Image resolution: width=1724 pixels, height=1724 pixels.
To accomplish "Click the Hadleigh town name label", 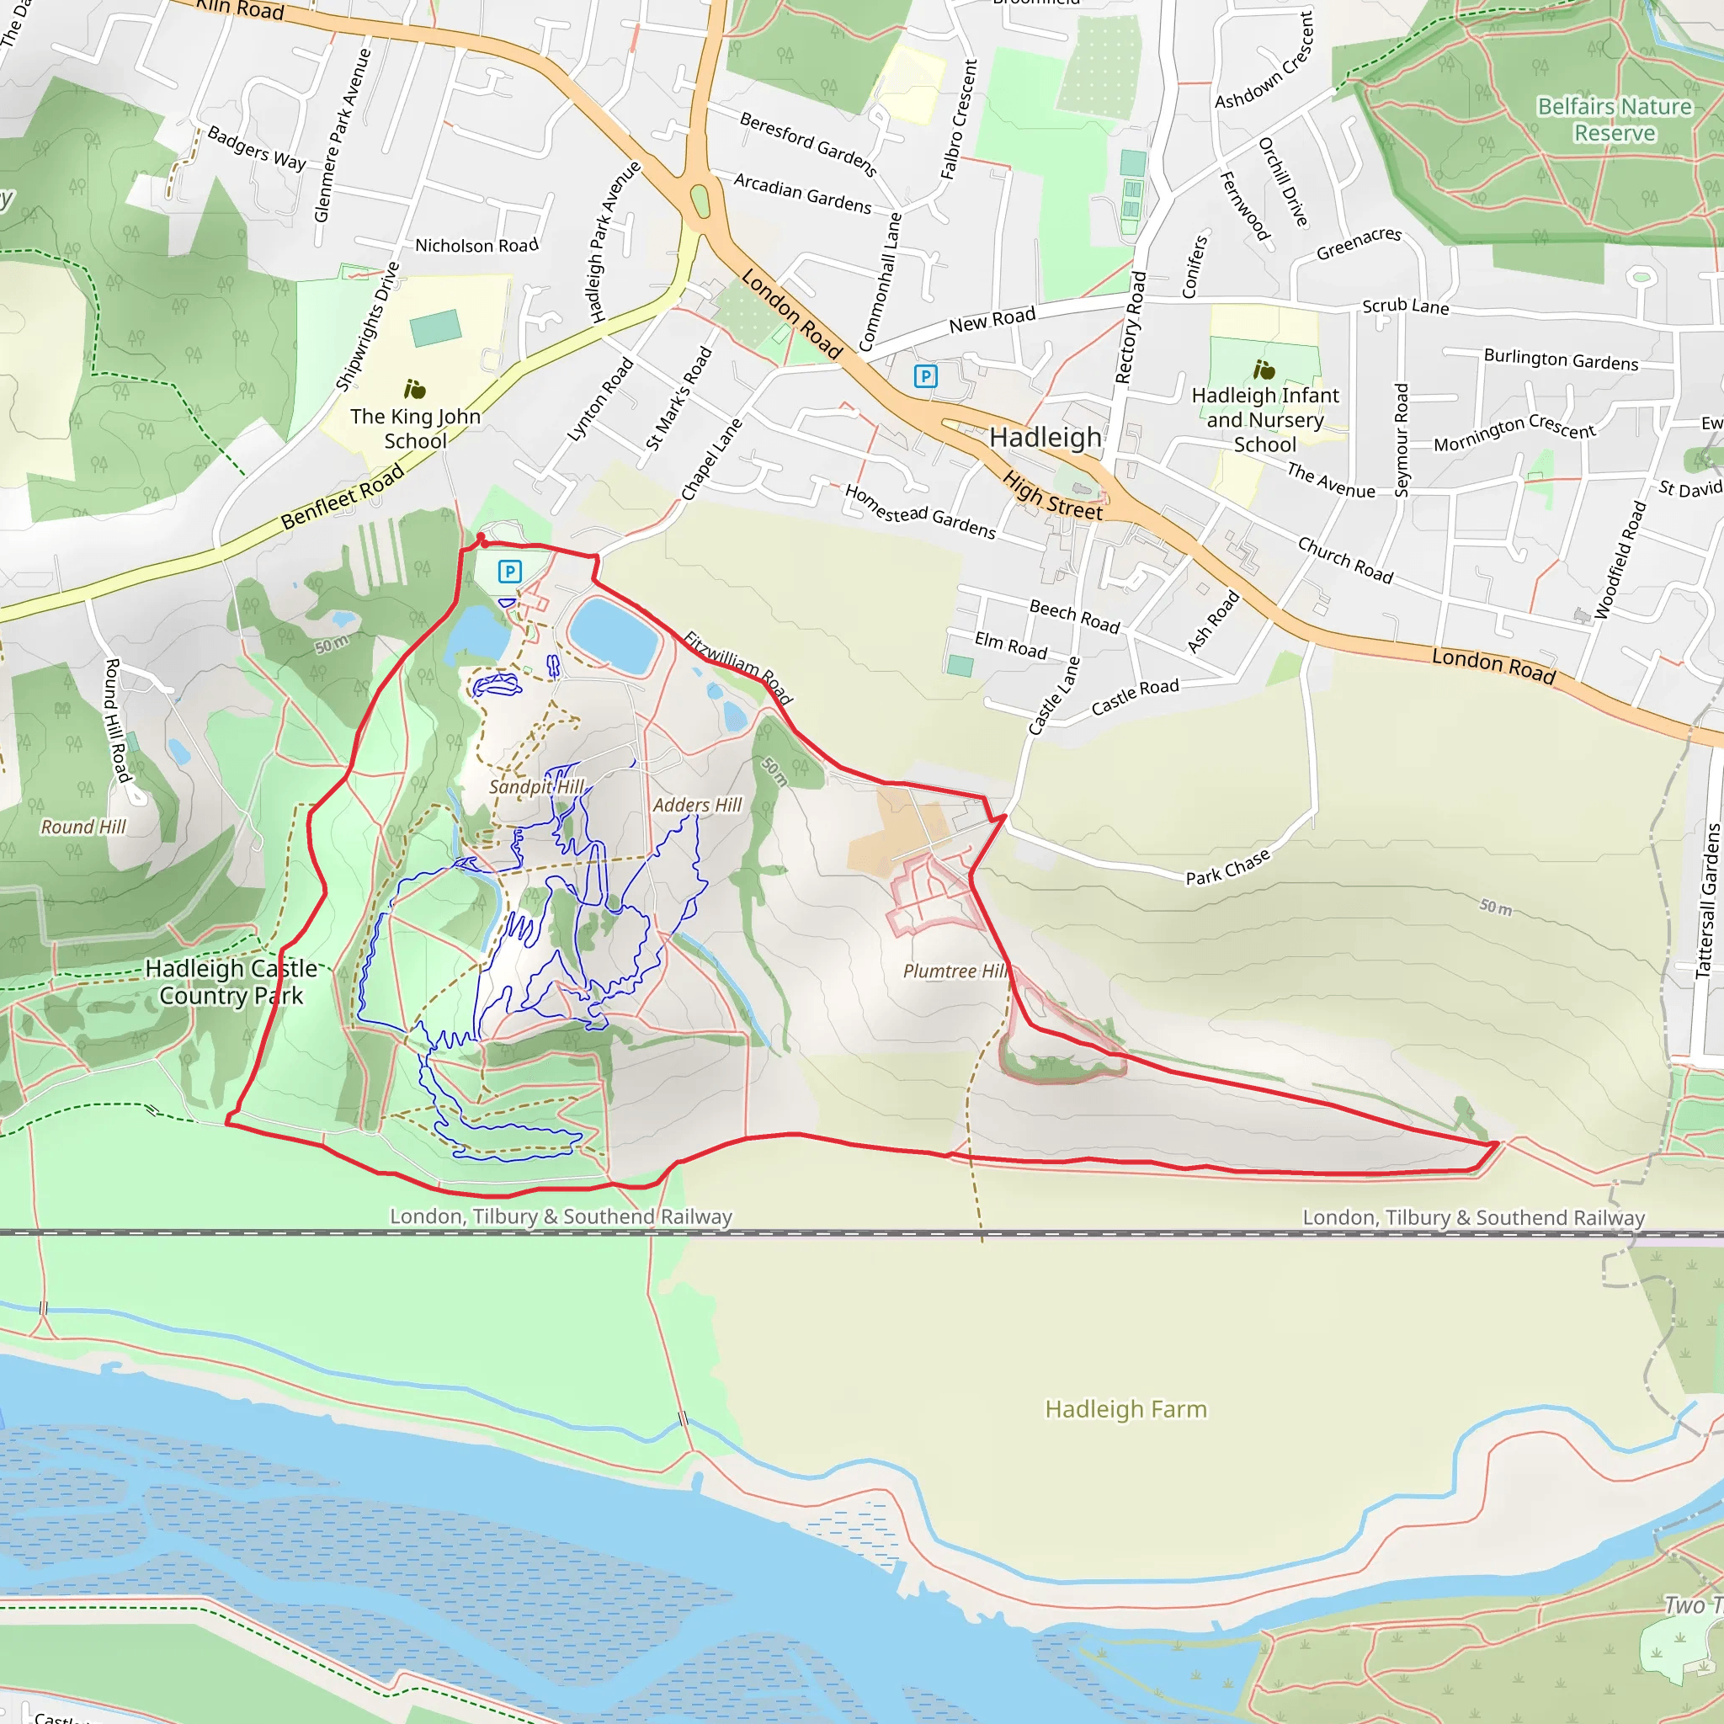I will [x=1045, y=437].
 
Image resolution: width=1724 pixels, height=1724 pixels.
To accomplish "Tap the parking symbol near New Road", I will [x=925, y=375].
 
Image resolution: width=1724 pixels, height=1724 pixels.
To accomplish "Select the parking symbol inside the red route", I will [x=509, y=571].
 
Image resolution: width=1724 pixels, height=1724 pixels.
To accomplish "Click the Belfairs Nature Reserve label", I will [x=1615, y=120].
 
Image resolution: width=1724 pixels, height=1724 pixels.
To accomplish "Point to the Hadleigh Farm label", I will [x=1125, y=1409].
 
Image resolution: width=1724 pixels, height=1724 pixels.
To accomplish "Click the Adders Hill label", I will [x=697, y=805].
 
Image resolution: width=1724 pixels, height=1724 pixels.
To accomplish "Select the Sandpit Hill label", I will [x=536, y=786].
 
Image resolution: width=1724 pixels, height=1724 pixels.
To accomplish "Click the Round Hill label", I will [x=83, y=827].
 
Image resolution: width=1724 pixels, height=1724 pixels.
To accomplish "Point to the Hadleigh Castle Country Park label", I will [x=231, y=982].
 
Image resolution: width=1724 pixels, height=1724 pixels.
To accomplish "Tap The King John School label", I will [x=415, y=428].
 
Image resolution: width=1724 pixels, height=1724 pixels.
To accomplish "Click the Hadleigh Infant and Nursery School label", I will [x=1264, y=419].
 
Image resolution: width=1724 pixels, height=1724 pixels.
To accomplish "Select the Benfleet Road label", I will [x=343, y=497].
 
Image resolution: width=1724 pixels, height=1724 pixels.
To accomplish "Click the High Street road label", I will [x=1052, y=496].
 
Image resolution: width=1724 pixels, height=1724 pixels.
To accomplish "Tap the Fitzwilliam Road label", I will [x=738, y=667].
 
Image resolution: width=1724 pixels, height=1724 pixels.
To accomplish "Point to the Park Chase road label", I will [x=1227, y=867].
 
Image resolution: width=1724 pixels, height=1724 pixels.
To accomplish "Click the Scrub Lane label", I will [x=1405, y=306].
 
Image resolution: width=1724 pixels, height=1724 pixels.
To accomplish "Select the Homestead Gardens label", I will [x=919, y=511].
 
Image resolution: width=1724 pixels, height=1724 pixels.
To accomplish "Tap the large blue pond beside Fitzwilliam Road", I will [x=614, y=635].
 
